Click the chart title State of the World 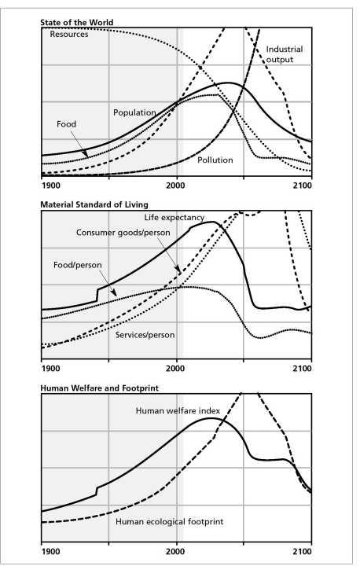coord(76,22)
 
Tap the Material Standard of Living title coord(94,204)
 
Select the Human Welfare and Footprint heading coord(99,388)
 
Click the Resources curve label coord(69,35)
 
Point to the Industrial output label coord(285,54)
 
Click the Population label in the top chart coord(134,112)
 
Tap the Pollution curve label coord(215,160)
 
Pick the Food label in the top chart coord(67,124)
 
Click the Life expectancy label coord(174,218)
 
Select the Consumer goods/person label coord(123,233)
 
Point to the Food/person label coord(78,265)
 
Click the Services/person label coord(145,335)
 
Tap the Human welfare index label coord(178,411)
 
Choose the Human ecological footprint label coord(169,522)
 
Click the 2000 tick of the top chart coord(176,186)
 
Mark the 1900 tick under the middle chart coord(50,369)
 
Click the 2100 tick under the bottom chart coord(303,552)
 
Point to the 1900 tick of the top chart coord(50,186)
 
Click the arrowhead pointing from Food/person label coord(114,293)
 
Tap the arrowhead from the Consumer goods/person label coord(178,270)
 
